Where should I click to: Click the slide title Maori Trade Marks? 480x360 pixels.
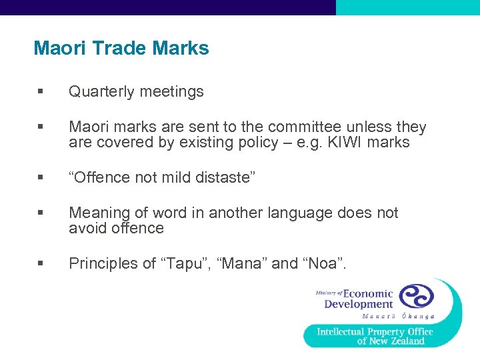[x=121, y=49]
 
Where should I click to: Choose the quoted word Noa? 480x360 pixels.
[x=325, y=264]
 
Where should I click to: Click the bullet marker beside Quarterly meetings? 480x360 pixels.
[x=41, y=92]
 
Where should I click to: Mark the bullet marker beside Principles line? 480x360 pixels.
[x=41, y=264]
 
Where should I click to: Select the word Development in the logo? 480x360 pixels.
[x=359, y=305]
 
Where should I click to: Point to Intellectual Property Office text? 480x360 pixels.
[x=375, y=331]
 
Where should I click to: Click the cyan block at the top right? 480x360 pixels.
[x=407, y=7]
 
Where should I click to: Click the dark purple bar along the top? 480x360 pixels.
[x=167, y=7]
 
